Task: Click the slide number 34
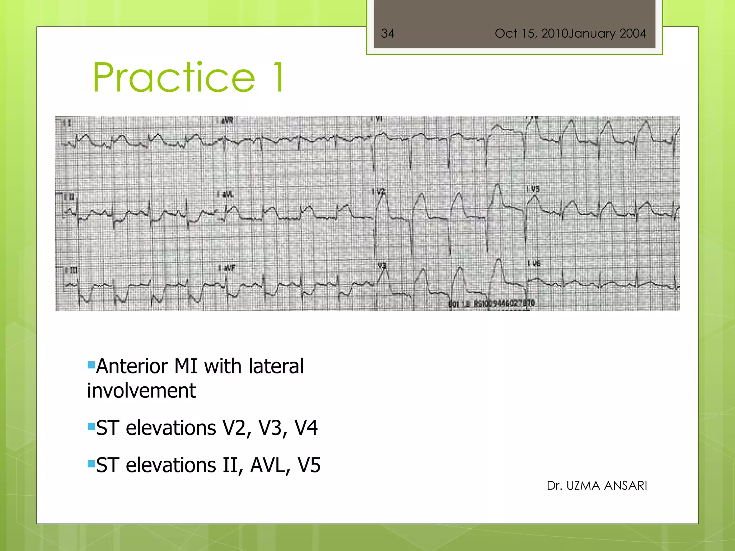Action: [x=388, y=33]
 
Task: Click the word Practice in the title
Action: [x=174, y=77]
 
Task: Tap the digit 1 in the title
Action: [x=278, y=77]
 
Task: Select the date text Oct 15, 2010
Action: [x=531, y=33]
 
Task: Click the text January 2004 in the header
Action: [x=607, y=33]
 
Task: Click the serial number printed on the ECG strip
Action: [x=492, y=303]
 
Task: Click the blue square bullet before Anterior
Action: [x=91, y=366]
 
